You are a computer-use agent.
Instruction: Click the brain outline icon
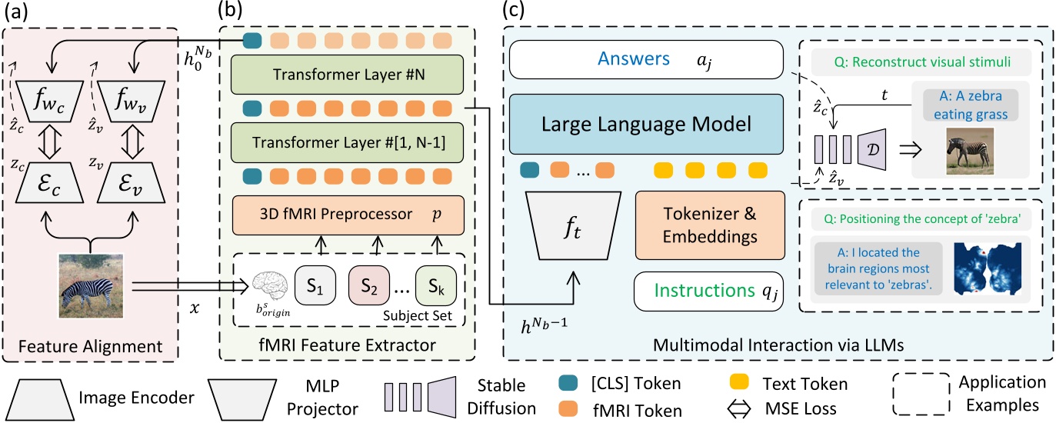[x=268, y=281]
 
